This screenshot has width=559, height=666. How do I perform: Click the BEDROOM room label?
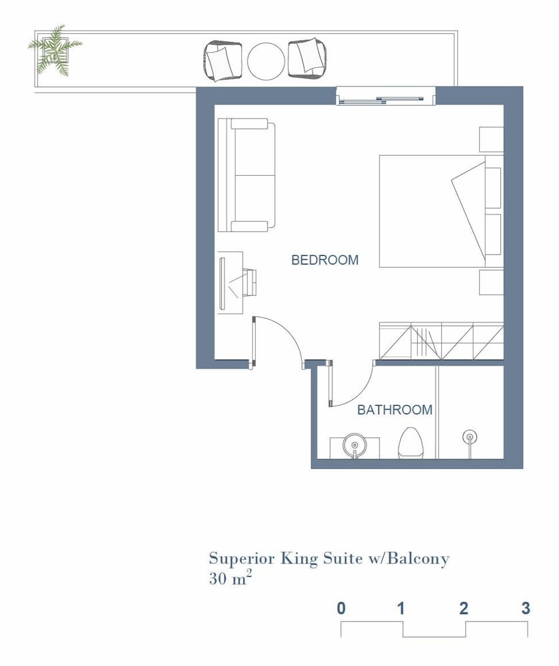[325, 260]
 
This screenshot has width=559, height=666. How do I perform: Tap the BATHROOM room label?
[395, 410]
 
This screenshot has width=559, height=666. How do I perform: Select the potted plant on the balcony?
[55, 50]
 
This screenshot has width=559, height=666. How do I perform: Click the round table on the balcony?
[266, 61]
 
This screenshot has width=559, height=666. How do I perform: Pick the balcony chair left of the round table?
[222, 61]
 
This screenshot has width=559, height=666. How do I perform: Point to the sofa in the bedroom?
[247, 175]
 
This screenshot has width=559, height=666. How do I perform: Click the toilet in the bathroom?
[410, 443]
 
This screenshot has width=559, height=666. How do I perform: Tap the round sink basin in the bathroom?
[354, 445]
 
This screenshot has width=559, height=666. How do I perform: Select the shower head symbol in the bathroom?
[469, 437]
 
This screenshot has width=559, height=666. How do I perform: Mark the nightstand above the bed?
[492, 139]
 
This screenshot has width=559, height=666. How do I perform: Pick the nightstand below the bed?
[492, 282]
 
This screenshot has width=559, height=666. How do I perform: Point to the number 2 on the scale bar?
[464, 609]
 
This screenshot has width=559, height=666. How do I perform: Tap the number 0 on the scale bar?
[341, 609]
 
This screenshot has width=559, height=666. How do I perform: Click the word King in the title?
[299, 559]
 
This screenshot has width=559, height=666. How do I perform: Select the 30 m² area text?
[231, 578]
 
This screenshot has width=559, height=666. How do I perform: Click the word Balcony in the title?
[418, 559]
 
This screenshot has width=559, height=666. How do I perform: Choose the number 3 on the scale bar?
[526, 609]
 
